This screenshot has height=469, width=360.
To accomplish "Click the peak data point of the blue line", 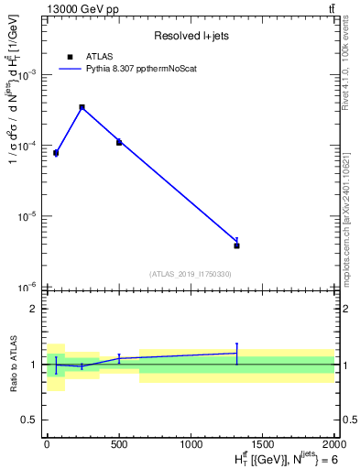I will click(x=82, y=107).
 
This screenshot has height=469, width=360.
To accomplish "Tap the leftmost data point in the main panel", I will click(x=56, y=153).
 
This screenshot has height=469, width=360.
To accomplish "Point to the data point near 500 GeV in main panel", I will click(x=119, y=142).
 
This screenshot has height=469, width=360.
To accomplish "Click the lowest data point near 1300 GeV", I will click(x=236, y=245).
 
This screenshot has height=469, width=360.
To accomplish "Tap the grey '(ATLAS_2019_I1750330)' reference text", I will click(x=191, y=274).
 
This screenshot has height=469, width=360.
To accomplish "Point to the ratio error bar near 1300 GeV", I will click(x=236, y=354).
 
